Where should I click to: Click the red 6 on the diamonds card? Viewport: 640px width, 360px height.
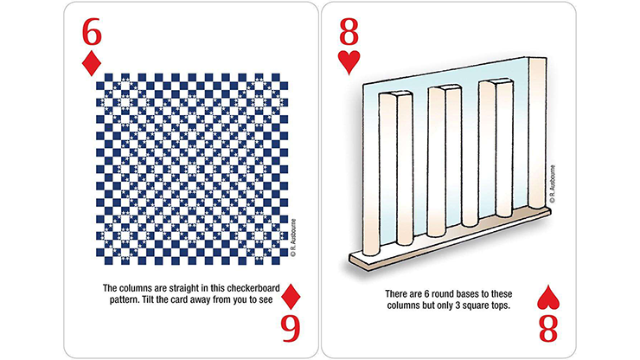click(92, 32)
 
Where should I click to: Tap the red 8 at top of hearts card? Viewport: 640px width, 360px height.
click(349, 32)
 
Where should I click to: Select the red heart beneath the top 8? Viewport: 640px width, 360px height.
click(349, 62)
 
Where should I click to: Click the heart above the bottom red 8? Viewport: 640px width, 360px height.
click(547, 297)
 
